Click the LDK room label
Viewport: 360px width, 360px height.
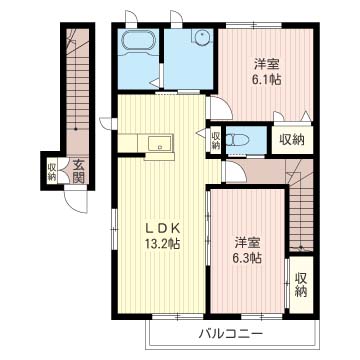tap(162, 229)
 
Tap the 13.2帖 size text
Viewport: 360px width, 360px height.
tap(162, 244)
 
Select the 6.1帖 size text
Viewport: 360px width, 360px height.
tap(267, 79)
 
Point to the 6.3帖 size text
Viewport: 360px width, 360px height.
tap(247, 258)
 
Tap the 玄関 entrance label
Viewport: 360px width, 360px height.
tap(78, 172)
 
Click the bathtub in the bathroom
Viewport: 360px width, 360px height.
tap(139, 41)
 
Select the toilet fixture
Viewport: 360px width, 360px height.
tap(237, 140)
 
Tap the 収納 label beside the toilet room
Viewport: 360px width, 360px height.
tap(292, 140)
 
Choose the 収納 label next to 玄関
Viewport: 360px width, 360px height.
tap(52, 172)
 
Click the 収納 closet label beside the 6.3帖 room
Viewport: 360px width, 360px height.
tap(301, 285)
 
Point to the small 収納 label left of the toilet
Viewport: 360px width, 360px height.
tap(216, 141)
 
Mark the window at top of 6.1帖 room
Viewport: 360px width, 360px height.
tap(254, 26)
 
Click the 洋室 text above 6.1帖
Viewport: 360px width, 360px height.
tap(267, 64)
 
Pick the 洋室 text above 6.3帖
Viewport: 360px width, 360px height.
tap(247, 242)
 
